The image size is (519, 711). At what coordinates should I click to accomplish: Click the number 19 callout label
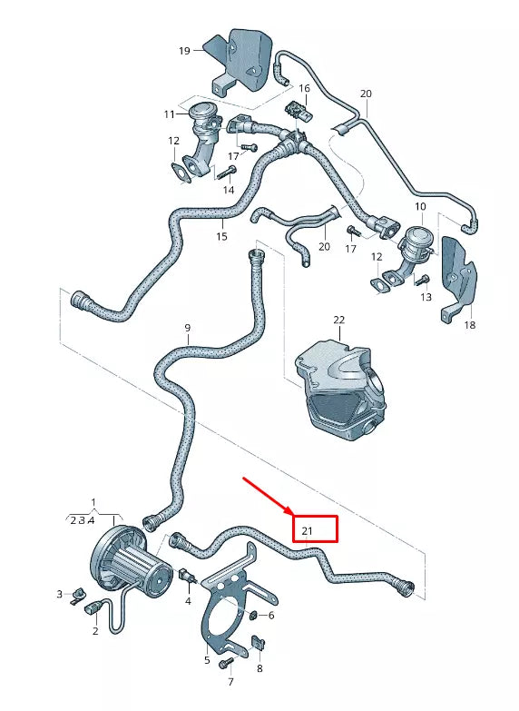(184, 51)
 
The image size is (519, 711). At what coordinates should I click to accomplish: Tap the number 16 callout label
(305, 89)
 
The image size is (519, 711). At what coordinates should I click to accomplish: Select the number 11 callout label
(169, 114)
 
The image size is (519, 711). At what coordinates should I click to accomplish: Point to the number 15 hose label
(221, 237)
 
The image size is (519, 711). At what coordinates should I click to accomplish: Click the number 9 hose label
(188, 327)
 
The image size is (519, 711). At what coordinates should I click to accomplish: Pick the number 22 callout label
(339, 321)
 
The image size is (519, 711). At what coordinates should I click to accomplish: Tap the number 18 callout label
(469, 324)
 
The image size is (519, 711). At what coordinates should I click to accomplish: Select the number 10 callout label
(420, 208)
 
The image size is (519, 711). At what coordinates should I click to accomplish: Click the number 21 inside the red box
(307, 530)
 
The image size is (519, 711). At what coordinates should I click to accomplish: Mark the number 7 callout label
(230, 682)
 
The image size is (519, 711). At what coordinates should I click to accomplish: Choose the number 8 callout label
(259, 668)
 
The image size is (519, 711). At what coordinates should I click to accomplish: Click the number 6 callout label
(270, 615)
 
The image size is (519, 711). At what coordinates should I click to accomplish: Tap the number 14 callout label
(229, 190)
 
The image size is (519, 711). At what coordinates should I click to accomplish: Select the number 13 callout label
(426, 297)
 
